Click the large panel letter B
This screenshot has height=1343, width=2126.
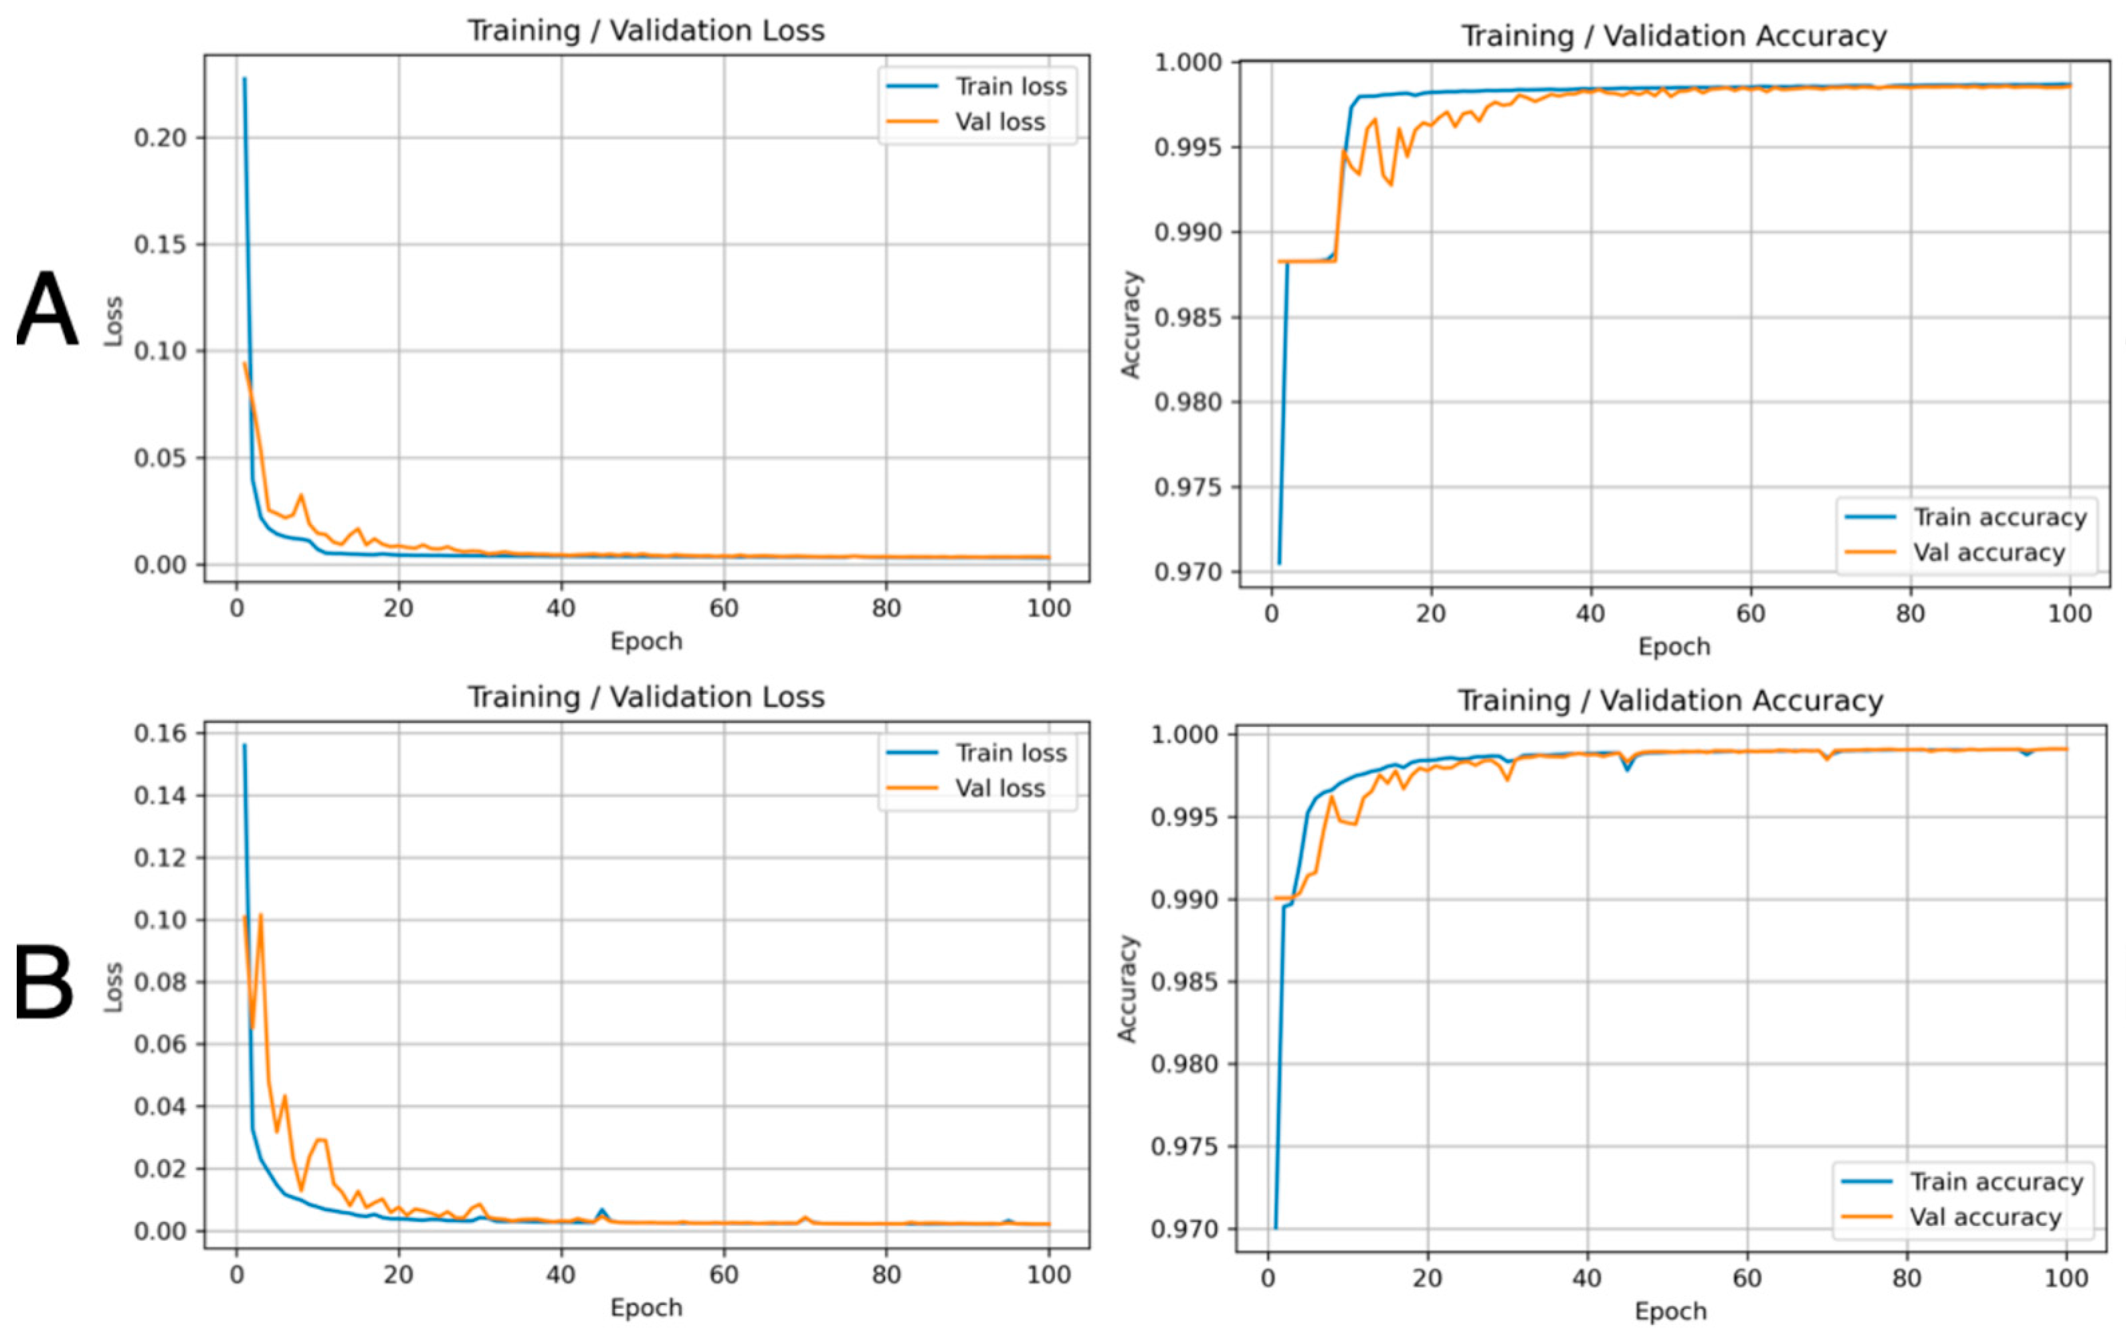(43, 982)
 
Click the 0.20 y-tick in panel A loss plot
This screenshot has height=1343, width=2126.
(160, 138)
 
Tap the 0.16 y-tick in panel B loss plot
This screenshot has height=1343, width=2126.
(160, 734)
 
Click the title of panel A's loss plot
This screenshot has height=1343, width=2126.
(646, 31)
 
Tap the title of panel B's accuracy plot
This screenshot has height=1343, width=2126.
(1670, 701)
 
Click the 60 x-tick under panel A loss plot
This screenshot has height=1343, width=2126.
(723, 609)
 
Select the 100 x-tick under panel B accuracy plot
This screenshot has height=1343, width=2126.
(2066, 1279)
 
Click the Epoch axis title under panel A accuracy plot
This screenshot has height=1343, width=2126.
(1674, 646)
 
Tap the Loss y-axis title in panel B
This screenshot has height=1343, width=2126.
(113, 987)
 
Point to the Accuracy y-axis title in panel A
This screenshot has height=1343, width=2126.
(1131, 324)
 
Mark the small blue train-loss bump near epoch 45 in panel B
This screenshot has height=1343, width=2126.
(602, 1210)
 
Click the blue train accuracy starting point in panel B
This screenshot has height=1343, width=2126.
(1275, 1227)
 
